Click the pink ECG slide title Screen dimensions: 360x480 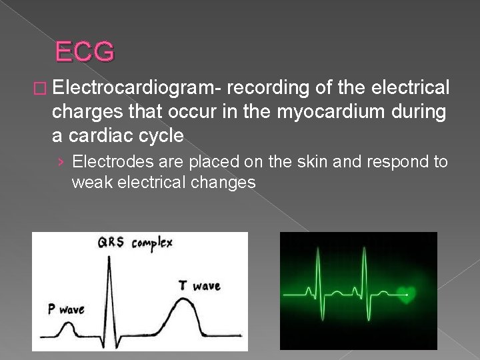85,51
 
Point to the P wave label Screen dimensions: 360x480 65,309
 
